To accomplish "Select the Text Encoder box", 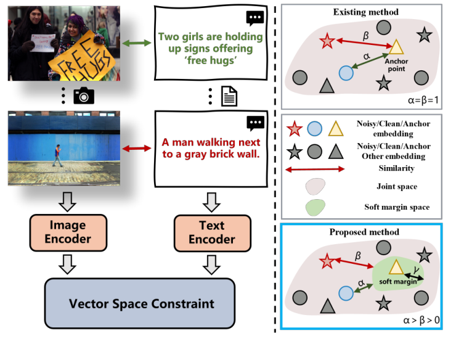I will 211,231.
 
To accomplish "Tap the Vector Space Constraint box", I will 141,303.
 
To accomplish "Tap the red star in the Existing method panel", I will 327,42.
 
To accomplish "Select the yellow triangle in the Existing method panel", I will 396,47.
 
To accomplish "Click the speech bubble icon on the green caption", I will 254,18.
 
